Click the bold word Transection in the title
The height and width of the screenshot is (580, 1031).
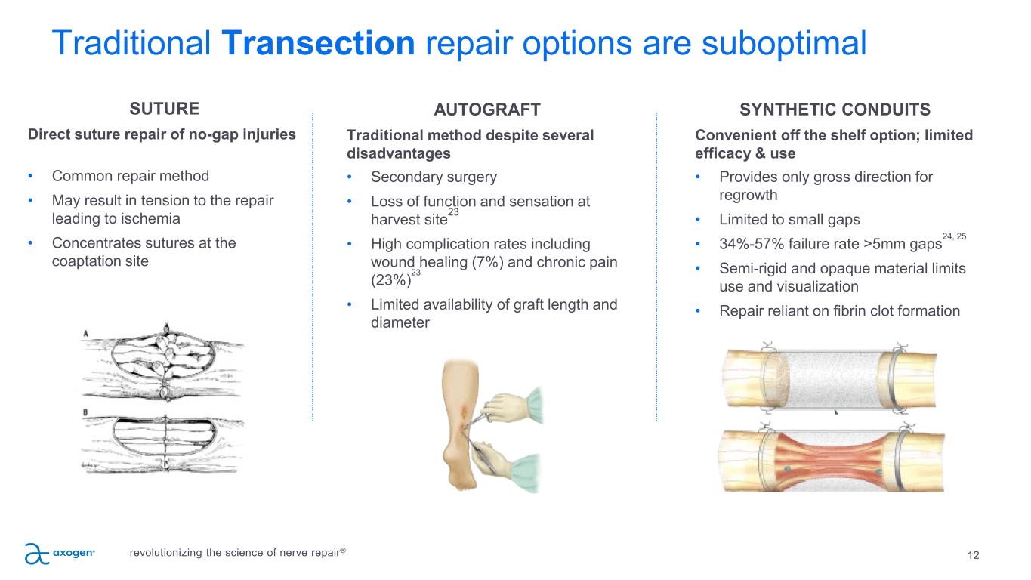[x=318, y=43]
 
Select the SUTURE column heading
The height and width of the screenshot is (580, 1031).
[x=165, y=109]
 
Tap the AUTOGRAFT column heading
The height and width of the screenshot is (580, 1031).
[x=487, y=110]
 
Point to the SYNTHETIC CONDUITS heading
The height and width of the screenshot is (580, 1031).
[x=835, y=110]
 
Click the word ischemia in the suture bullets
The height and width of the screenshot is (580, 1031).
[x=148, y=218]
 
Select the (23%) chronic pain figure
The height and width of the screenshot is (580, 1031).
[x=390, y=280]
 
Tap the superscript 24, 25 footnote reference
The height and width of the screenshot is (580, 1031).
[x=954, y=236]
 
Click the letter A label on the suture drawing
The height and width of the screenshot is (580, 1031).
[x=85, y=334]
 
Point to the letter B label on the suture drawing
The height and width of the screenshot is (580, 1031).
[x=85, y=412]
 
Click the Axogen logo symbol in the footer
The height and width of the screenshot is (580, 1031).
[x=36, y=554]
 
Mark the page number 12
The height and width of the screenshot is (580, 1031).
[x=973, y=555]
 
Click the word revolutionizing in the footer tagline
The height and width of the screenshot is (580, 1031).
[x=165, y=552]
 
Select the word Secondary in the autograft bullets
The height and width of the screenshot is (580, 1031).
[x=403, y=177]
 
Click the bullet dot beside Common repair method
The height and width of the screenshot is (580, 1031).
[x=30, y=176]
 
